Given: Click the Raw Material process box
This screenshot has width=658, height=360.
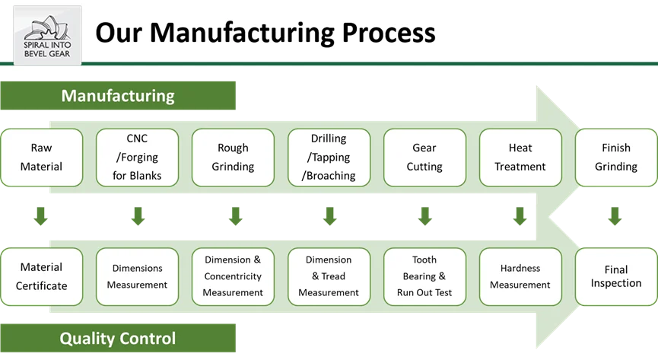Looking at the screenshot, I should pos(41,158).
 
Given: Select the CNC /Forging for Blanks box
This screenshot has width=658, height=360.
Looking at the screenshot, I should pos(138,158).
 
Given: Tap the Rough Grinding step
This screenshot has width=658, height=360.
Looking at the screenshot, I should pos(233,158).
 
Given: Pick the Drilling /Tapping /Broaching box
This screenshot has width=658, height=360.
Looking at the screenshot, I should pos(329,158).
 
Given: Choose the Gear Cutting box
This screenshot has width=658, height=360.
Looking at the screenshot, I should pos(424,158).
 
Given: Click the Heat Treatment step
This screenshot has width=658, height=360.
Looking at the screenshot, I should pos(520,158).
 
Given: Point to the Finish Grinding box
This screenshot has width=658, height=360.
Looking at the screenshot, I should pos(615,158).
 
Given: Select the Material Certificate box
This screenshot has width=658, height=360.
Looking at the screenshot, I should pos(41,276).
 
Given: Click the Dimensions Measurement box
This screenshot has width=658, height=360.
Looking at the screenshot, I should pos(138,276).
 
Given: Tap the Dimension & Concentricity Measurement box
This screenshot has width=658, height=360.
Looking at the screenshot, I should pos(233,276).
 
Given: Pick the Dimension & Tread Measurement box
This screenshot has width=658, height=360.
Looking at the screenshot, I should pos(329,276).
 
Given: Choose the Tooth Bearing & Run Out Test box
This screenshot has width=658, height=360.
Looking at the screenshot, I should pos(424,276).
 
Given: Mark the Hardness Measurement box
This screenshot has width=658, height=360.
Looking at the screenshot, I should pos(520,276).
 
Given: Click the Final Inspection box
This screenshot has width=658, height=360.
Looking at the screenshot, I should pos(615,276).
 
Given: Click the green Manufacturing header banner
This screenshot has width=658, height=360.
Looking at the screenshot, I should pos(119,97).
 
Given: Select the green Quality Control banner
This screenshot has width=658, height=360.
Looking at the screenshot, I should pos(119,338).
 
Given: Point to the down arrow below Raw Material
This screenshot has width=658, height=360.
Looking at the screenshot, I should pos(41,218).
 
